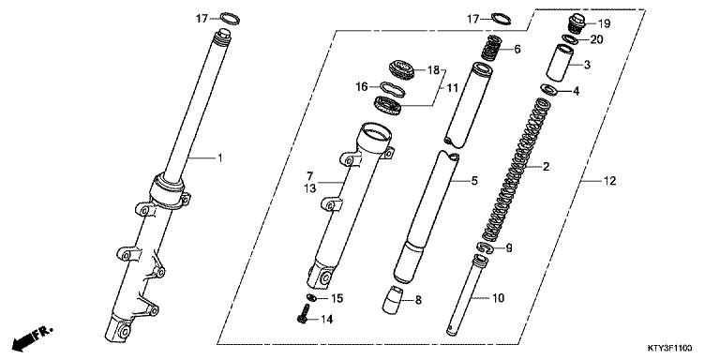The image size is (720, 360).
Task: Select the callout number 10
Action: [x=499, y=297]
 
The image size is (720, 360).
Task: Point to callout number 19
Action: [x=603, y=22]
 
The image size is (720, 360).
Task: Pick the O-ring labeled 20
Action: [x=569, y=39]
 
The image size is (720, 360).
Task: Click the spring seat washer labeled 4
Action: [x=547, y=90]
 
